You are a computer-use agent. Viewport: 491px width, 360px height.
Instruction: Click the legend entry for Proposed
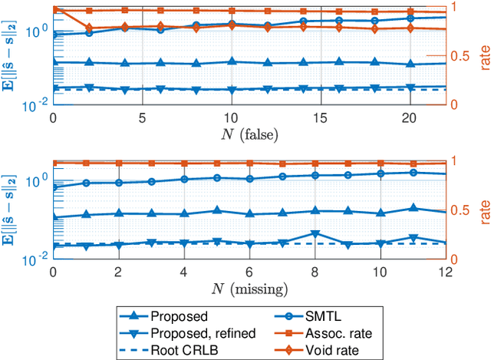point(179,315)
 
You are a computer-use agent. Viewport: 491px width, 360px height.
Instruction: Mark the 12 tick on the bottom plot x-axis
point(444,272)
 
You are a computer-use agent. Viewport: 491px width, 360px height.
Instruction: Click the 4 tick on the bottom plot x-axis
point(183,272)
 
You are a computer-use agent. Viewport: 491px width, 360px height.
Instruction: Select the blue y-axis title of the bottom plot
point(12,210)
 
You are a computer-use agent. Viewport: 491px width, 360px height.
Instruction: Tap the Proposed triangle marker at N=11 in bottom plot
point(414,208)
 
